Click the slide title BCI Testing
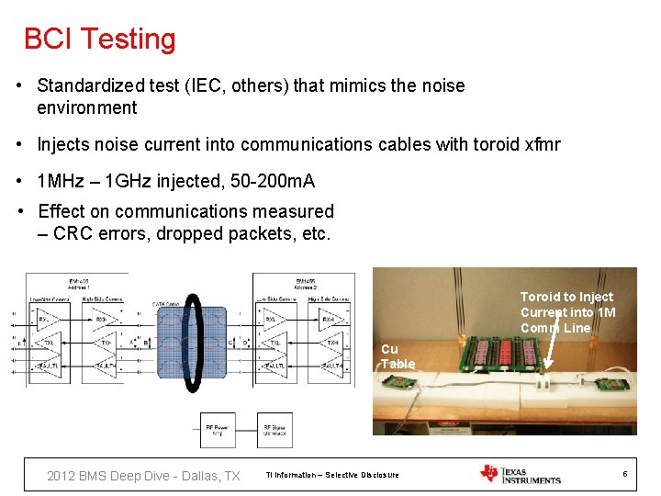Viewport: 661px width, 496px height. coord(99,39)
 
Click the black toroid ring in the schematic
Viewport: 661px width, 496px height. coord(192,344)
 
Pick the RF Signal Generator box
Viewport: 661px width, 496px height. coord(278,428)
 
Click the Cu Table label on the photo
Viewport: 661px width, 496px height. coord(398,356)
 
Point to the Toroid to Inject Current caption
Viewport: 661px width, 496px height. coord(566,312)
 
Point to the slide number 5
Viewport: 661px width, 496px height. coord(624,474)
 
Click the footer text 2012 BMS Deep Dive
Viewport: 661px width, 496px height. coord(143,475)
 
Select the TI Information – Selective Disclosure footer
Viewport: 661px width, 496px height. coord(331,475)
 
